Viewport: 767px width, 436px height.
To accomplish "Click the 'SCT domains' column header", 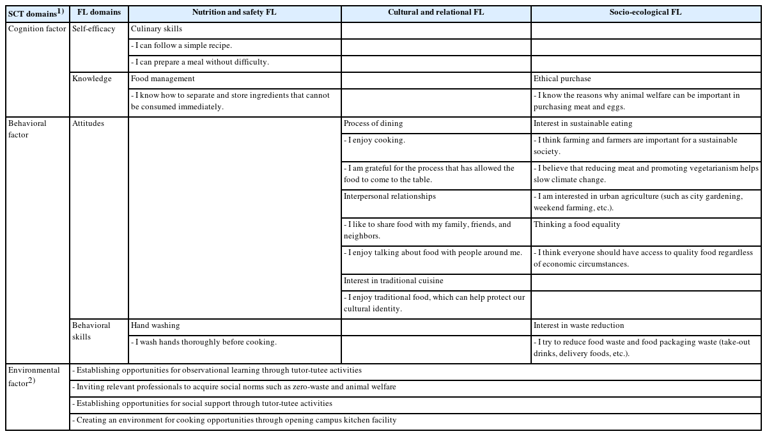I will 36,13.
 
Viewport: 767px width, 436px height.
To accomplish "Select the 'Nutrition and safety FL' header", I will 234,13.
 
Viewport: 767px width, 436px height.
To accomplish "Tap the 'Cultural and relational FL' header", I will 436,13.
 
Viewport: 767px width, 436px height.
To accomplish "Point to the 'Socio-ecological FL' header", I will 646,13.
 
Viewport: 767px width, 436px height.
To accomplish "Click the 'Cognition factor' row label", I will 37,29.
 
